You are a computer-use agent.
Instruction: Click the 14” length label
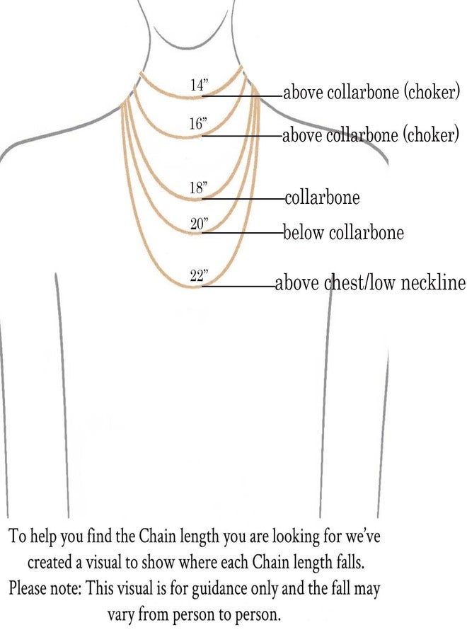coord(199,85)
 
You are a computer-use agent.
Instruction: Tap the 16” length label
coord(197,123)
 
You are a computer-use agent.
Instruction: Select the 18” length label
coord(198,188)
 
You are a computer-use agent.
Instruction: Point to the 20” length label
coord(199,223)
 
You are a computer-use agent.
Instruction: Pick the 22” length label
coord(199,275)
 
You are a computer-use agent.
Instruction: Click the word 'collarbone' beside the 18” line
coord(323,197)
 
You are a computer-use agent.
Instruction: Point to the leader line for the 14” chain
coord(243,96)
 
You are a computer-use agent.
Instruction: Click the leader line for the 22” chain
coord(238,287)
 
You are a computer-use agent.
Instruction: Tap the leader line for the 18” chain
coord(243,199)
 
